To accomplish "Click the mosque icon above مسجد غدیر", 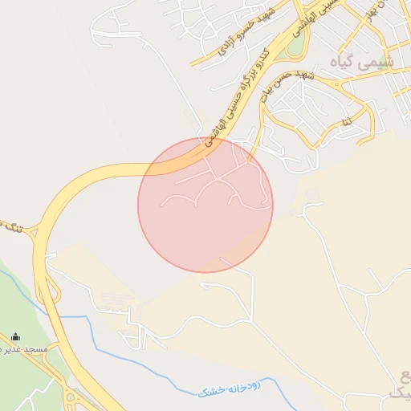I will (x=17, y=337).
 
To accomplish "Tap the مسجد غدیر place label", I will (x=24, y=350).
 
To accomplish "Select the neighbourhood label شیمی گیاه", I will (x=362, y=61).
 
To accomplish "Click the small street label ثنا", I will (x=346, y=123).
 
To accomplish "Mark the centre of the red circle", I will (x=205, y=205).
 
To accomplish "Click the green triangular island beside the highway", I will (x=295, y=46).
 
